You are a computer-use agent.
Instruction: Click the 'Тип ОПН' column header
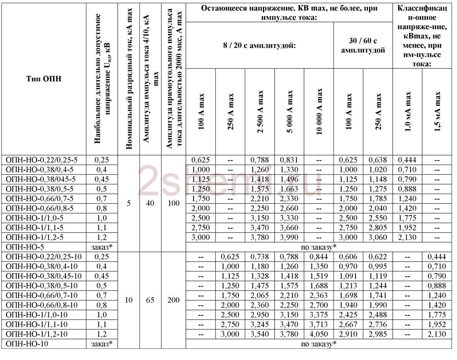coord(44,79)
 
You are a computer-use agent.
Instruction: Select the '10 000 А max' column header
coord(319,111)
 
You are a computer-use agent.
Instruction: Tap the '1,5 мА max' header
coord(437,111)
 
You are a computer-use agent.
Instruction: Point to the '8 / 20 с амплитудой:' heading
coord(259,45)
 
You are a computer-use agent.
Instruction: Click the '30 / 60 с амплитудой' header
coord(363,45)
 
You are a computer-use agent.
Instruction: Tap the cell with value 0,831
coord(289,160)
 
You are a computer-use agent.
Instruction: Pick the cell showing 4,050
coord(319,334)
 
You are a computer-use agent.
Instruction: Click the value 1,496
coord(289,179)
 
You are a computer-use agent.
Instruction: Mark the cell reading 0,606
coord(348,257)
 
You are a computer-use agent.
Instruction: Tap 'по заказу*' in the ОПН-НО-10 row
coord(318,344)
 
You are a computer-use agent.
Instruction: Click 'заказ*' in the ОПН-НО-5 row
coord(101,247)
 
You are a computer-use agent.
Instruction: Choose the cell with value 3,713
coord(319,324)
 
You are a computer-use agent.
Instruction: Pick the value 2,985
coord(378,334)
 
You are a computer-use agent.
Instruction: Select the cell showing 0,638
coord(378,160)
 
